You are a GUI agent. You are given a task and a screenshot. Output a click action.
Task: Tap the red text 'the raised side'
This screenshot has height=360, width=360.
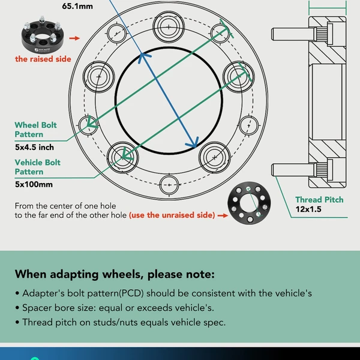pyautogui.click(x=43, y=59)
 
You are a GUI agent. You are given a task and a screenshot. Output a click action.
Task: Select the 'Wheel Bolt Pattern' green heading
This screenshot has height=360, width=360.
pyautogui.click(x=36, y=130)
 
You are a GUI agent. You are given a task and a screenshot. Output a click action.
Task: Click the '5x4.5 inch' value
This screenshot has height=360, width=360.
pyautogui.click(x=35, y=147)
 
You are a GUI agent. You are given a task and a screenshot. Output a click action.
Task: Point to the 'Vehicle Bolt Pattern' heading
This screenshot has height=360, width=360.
pyautogui.click(x=38, y=167)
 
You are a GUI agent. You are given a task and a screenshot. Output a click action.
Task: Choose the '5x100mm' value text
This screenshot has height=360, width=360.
pyautogui.click(x=34, y=184)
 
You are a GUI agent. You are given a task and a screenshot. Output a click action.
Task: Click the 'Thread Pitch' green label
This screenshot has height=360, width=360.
pyautogui.click(x=319, y=200)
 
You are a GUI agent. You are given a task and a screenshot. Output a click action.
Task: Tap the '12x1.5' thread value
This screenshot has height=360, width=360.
pyautogui.click(x=309, y=211)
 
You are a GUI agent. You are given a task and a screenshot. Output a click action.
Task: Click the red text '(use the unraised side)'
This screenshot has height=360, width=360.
pyautogui.click(x=172, y=215)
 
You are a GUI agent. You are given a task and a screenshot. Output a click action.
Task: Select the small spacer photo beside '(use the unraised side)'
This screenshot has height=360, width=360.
pyautogui.click(x=248, y=207)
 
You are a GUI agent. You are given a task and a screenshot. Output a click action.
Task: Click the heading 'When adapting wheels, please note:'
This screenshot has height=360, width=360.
pyautogui.click(x=114, y=275)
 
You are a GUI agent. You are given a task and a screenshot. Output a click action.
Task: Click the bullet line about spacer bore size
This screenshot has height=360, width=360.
pyautogui.click(x=117, y=308)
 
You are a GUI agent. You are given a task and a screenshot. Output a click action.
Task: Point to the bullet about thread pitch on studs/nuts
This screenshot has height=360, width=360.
pyautogui.click(x=124, y=322)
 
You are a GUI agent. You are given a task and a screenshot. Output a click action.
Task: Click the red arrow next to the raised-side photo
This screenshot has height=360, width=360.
pyautogui.click(x=74, y=38)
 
